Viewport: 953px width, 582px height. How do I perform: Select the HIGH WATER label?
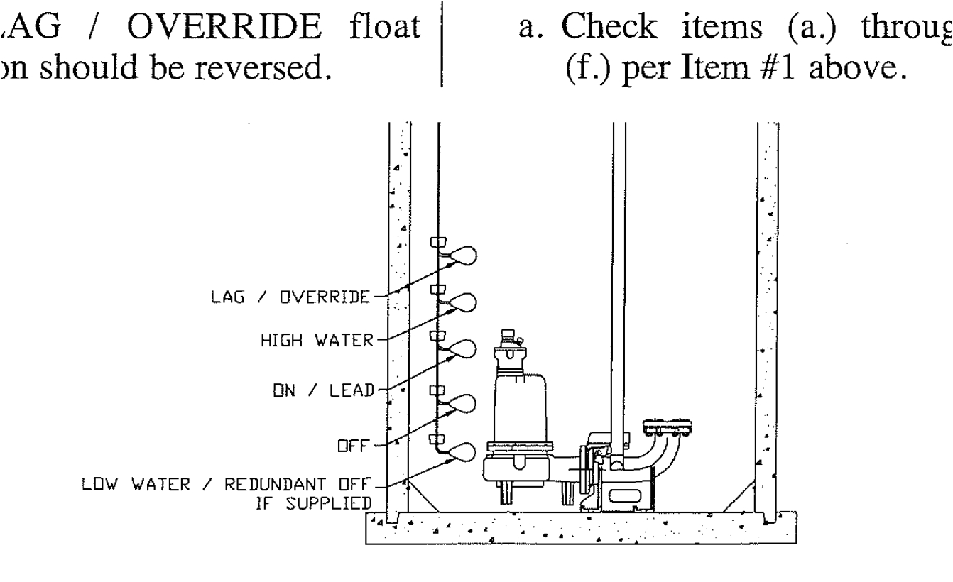click(322, 341)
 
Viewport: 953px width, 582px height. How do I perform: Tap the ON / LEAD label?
click(338, 388)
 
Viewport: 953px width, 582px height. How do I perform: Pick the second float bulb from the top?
click(462, 303)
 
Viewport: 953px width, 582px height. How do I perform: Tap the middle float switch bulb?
click(462, 350)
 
